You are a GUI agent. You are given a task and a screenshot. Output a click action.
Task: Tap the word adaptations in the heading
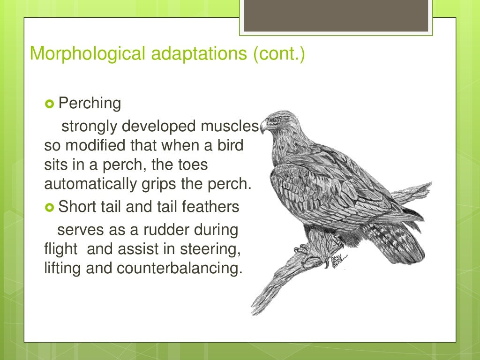(x=194, y=53)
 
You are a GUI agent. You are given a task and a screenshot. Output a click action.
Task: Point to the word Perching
(x=90, y=103)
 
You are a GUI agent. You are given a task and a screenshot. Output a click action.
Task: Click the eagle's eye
(x=275, y=120)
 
